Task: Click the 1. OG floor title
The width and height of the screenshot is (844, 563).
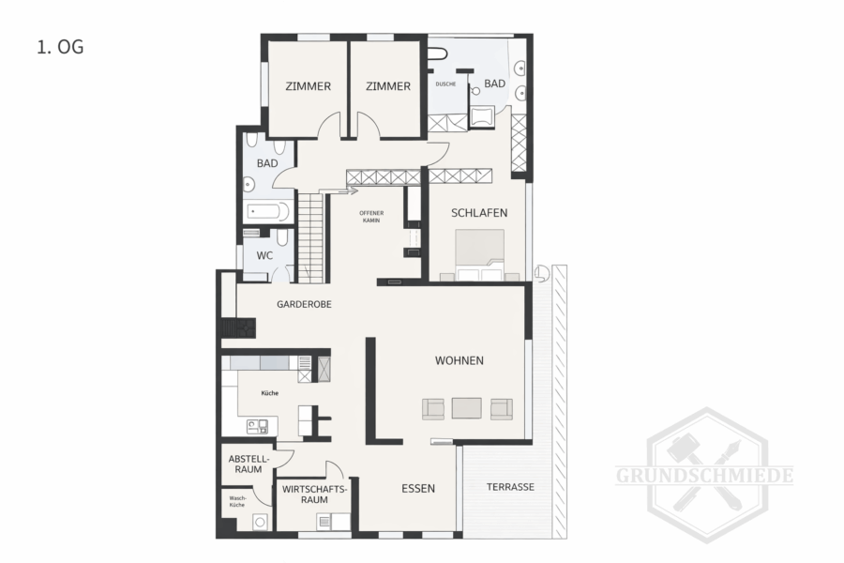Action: click(60, 48)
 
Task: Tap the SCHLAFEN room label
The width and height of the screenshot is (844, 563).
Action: click(479, 213)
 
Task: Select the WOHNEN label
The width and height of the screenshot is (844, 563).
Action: click(460, 360)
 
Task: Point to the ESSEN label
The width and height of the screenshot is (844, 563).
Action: click(418, 489)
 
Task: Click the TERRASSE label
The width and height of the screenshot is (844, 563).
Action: click(510, 487)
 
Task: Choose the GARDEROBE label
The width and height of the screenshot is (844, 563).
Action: click(304, 304)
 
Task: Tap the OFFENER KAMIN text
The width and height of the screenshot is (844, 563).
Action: click(371, 217)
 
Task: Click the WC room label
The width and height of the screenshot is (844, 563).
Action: click(264, 256)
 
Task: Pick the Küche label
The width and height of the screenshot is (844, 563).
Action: click(270, 393)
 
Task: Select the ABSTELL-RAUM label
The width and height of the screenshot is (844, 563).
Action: click(249, 464)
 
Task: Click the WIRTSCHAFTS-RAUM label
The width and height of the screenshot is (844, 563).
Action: click(314, 495)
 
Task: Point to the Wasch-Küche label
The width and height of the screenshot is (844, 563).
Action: click(237, 502)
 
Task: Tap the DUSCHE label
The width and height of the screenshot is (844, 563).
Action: click(445, 84)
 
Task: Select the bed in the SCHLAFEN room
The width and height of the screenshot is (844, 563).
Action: click(479, 255)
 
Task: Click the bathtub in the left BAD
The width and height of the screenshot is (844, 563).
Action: click(268, 211)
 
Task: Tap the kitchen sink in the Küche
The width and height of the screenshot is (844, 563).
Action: click(257, 427)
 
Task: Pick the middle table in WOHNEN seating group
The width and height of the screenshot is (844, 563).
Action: click(467, 408)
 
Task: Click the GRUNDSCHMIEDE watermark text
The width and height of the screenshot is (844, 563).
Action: click(704, 476)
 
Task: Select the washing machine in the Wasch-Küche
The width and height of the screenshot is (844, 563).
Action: click(261, 522)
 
